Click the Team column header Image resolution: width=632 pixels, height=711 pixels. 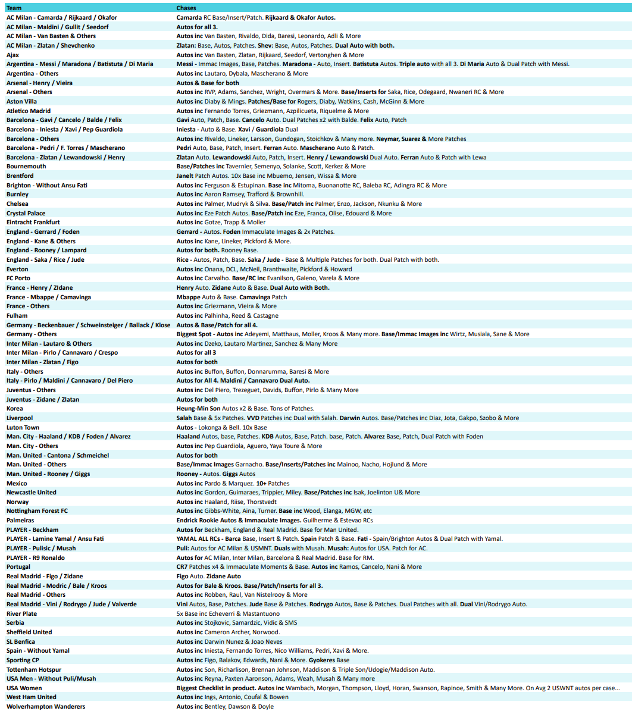pyautogui.click(x=14, y=8)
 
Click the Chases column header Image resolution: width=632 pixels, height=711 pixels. pyautogui.click(x=186, y=8)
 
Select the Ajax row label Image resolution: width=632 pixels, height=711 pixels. pyautogui.click(x=13, y=55)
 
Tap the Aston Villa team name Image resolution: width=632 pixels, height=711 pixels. pyautogui.click(x=24, y=101)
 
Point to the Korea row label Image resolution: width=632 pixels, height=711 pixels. pyautogui.click(x=15, y=409)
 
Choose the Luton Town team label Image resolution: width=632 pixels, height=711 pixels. pyautogui.click(x=23, y=427)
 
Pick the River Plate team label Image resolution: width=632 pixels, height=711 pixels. pyautogui.click(x=21, y=613)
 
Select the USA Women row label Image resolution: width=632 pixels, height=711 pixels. pyautogui.click(x=24, y=688)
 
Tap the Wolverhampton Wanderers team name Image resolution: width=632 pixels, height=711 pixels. pyautogui.click(x=46, y=707)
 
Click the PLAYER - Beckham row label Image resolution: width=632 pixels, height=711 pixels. pyautogui.click(x=33, y=530)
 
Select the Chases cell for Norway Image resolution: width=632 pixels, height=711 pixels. pyautogui.click(x=226, y=502)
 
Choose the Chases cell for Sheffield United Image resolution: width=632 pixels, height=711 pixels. pyautogui.click(x=228, y=632)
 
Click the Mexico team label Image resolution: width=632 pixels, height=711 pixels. pyautogui.click(x=17, y=483)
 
